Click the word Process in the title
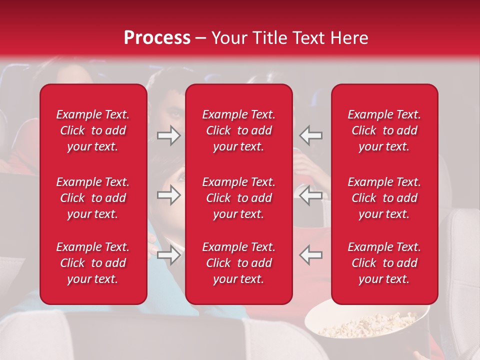coord(157,38)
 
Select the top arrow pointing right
coord(169,135)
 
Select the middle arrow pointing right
coord(169,195)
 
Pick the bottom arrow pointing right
coord(169,255)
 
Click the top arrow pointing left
coord(311,135)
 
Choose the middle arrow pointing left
coord(311,195)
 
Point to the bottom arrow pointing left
coord(311,255)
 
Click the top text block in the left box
coord(93,130)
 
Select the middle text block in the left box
coord(93,198)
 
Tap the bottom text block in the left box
coord(93,263)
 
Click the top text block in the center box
coord(238,130)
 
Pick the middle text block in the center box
coord(238,198)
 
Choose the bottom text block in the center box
coord(238,263)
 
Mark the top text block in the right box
coord(384,130)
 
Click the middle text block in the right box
coord(384,198)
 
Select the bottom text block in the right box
coord(384,263)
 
